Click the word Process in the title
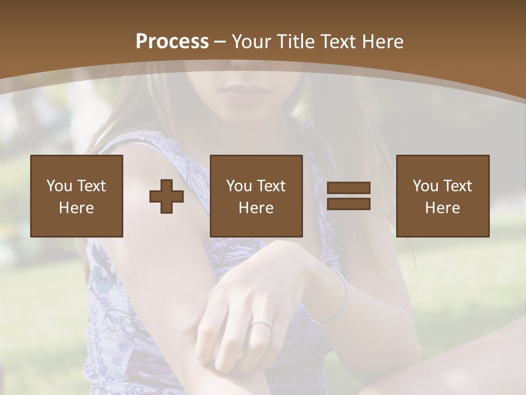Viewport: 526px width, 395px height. coord(172,41)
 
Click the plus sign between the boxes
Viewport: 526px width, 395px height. coord(167,196)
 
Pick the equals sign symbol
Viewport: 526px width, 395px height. coord(348,196)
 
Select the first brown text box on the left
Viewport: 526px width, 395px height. coord(77,196)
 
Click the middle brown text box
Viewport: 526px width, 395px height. coord(256,196)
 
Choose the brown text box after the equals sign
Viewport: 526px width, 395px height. coord(443,196)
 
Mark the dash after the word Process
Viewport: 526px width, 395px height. coord(220,42)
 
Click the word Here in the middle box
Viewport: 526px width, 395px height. coord(256,207)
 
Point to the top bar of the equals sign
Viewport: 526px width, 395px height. coord(348,188)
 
